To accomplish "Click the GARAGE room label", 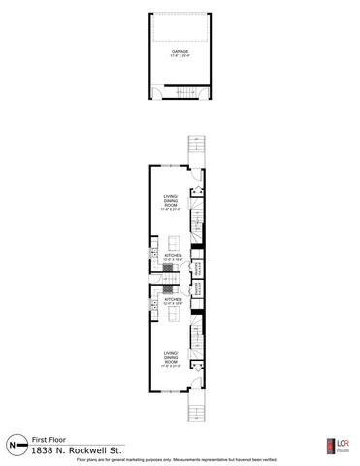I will (x=180, y=52).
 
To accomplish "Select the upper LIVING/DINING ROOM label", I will (x=171, y=205).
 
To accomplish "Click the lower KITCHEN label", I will (x=172, y=301).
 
